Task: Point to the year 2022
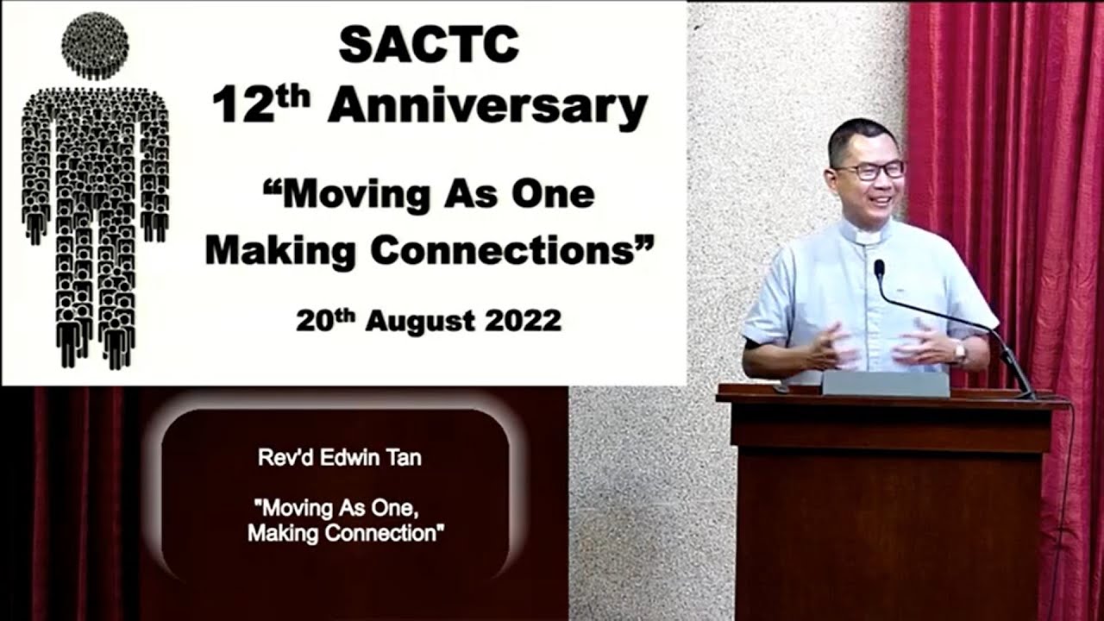tap(523, 321)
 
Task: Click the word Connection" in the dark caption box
tap(387, 534)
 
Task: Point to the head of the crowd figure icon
tap(96, 44)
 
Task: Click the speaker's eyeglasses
tap(869, 171)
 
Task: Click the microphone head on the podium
tap(879, 269)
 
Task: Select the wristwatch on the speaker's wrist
tap(959, 351)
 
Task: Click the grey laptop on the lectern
tap(885, 383)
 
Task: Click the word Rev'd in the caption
tap(283, 458)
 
